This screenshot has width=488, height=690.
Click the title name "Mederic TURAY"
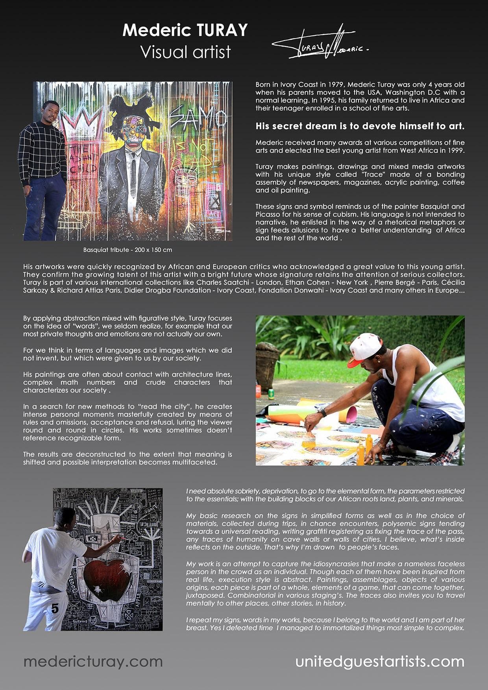[x=185, y=30]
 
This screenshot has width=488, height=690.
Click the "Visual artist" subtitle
[x=185, y=52]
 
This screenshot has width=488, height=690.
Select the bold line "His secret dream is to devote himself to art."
[x=360, y=126]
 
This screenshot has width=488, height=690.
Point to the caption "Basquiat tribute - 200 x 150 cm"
[x=128, y=250]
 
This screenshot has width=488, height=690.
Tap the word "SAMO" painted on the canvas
[x=199, y=118]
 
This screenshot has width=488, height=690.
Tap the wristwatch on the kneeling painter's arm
[x=322, y=412]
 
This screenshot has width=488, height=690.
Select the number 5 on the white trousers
[x=55, y=609]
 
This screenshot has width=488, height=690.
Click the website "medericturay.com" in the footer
[x=93, y=661]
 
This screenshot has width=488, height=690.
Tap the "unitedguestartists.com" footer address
[x=379, y=661]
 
